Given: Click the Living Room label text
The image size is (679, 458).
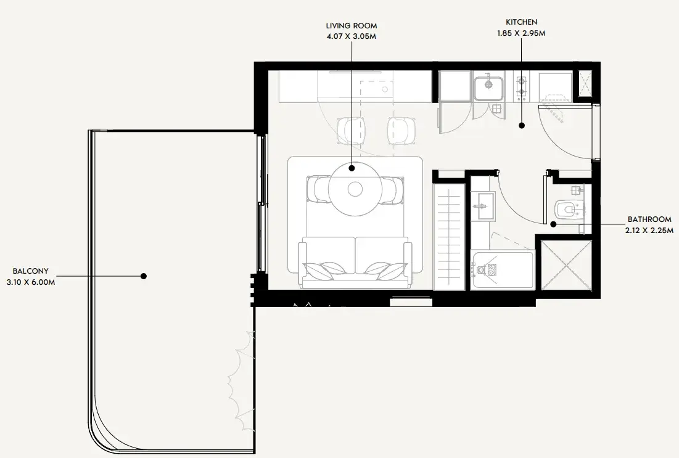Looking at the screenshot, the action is click(x=351, y=26).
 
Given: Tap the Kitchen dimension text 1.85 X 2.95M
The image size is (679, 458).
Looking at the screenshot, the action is click(x=521, y=33).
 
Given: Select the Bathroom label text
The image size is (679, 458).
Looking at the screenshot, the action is click(x=649, y=219).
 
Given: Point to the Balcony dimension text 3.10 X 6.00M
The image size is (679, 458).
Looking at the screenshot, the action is click(x=31, y=283).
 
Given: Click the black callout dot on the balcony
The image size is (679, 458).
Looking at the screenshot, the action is click(x=144, y=276).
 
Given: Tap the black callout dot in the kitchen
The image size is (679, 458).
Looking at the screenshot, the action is click(x=522, y=126).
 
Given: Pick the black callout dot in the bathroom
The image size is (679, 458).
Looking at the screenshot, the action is click(x=553, y=224).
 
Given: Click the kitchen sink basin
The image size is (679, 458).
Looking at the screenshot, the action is click(x=488, y=88).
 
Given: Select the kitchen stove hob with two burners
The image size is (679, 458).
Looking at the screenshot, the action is click(x=521, y=86).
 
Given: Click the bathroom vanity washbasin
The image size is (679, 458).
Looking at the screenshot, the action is click(x=483, y=206).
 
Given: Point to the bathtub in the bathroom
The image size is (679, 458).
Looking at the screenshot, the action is click(x=503, y=270).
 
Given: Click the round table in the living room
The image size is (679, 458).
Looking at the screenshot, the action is click(x=355, y=189).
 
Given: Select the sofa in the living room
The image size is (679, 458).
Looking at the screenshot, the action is click(x=355, y=263).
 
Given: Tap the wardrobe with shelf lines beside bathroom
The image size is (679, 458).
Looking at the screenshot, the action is click(x=448, y=236).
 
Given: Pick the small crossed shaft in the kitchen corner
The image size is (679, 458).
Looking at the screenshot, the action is click(x=583, y=86).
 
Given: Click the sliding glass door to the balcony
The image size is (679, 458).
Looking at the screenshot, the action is click(x=261, y=203).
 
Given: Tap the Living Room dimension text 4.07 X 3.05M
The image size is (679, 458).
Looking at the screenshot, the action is click(x=351, y=37).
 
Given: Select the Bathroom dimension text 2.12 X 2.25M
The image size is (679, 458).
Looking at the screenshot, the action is click(x=649, y=231).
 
